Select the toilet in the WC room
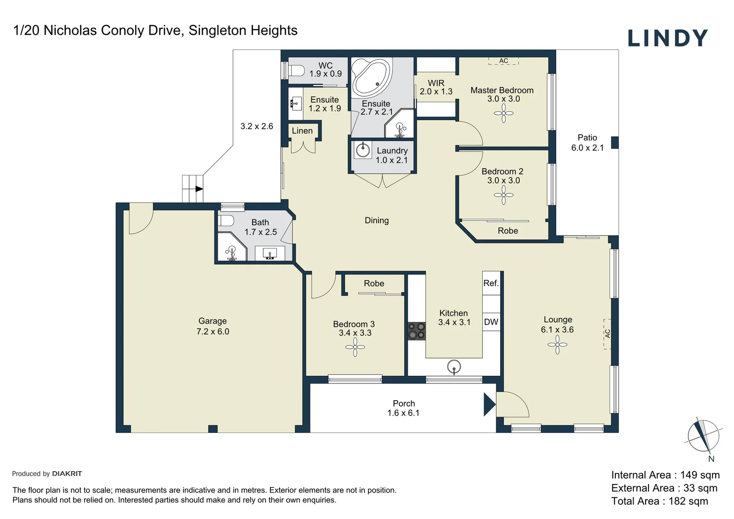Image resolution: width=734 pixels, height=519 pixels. (x=296, y=70)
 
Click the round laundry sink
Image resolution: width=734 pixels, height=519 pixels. (x=363, y=150)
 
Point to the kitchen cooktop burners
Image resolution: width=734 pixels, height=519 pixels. (x=417, y=331)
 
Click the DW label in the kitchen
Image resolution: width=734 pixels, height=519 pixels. (x=491, y=322)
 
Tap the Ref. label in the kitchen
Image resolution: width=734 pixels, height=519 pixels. (x=491, y=283)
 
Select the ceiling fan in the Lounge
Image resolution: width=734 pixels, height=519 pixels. (x=557, y=344)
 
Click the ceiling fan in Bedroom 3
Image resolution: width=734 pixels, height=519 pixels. (x=355, y=346)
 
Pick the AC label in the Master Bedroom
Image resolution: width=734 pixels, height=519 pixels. (x=503, y=61)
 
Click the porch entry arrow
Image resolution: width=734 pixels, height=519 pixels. (x=489, y=405)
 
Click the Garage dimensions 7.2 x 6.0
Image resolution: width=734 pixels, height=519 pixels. (x=213, y=332)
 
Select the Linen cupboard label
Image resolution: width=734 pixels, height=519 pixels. (x=302, y=131)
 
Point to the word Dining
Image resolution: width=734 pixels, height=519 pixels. (x=377, y=220)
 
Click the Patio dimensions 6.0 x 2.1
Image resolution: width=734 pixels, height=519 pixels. (x=587, y=148)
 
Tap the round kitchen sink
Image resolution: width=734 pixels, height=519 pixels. (x=454, y=367)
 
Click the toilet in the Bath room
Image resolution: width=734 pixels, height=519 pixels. (x=226, y=221)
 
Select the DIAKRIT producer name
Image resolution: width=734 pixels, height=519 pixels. (x=67, y=473)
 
